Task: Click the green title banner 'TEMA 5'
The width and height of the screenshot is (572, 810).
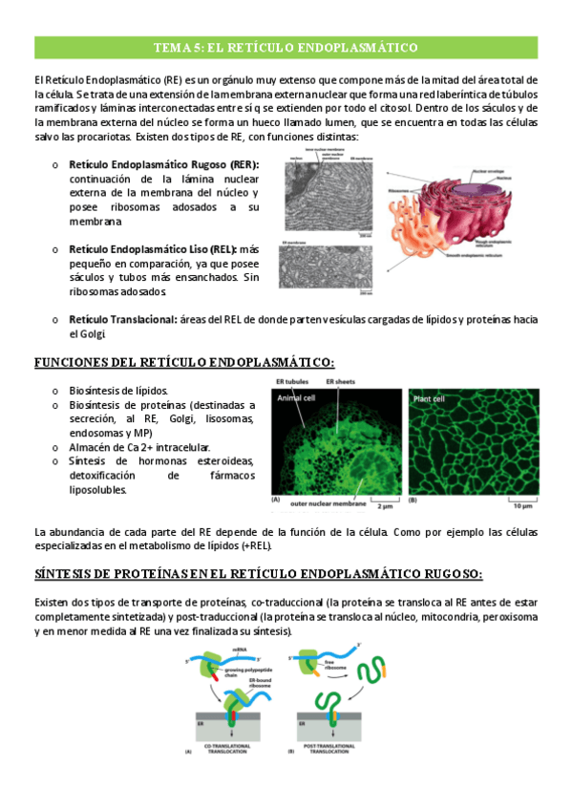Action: click(x=286, y=47)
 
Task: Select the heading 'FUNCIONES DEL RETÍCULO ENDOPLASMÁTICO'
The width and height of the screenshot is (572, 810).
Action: click(x=184, y=362)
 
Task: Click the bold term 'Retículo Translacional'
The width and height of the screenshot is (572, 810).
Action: click(x=121, y=319)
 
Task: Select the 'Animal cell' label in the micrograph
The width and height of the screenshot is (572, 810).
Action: click(x=295, y=398)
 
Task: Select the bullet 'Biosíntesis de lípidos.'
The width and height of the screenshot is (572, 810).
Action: click(x=117, y=391)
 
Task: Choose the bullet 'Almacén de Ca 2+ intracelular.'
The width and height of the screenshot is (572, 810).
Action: click(x=139, y=446)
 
